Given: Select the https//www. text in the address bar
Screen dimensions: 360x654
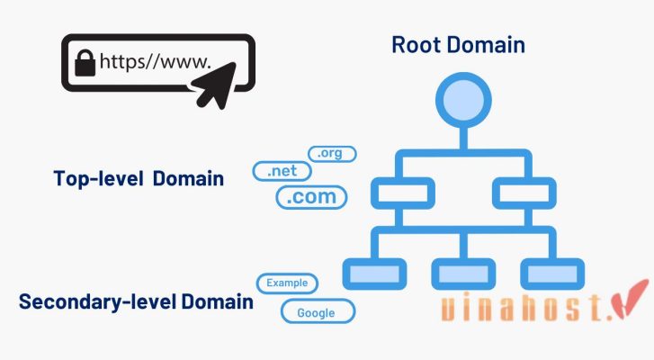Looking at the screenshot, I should point(155,63).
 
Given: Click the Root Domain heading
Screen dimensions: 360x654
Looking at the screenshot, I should point(458,44).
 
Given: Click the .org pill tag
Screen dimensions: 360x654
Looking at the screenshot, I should point(332,154).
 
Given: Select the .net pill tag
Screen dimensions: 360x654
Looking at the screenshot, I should point(282,171).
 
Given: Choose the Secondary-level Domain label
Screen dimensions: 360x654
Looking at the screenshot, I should point(136,301).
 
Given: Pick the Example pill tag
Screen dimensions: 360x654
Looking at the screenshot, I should point(287,283).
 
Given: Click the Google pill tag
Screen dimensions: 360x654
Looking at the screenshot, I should point(318,312).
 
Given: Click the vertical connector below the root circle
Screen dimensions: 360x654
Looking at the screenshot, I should point(461,136).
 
